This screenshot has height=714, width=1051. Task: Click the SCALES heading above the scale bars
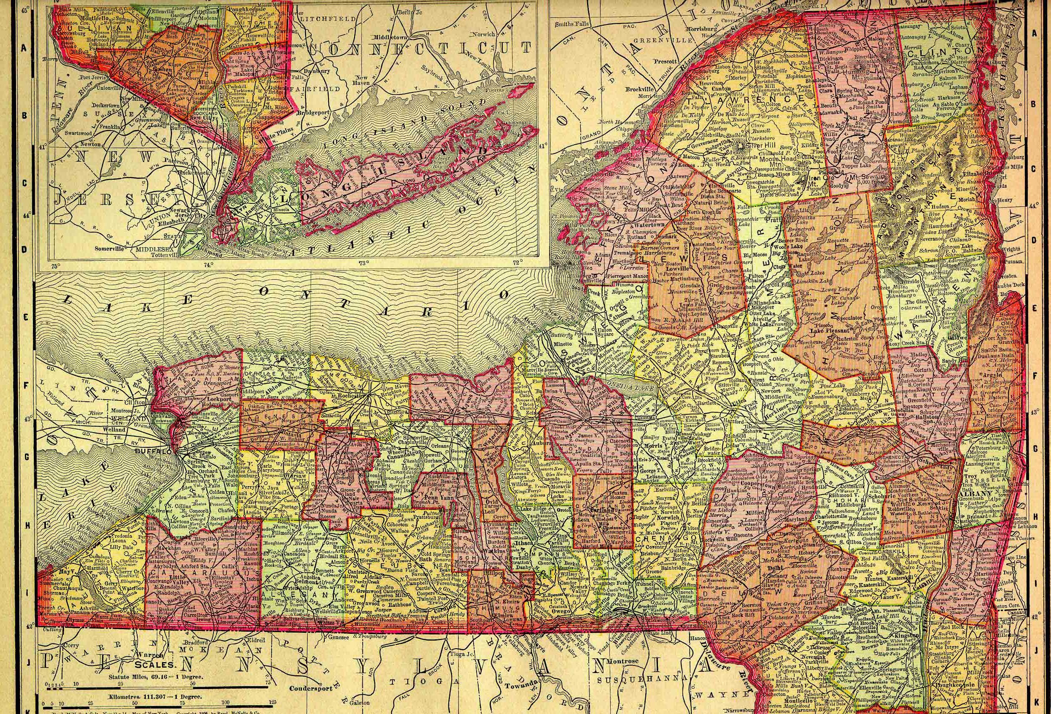(156, 665)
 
